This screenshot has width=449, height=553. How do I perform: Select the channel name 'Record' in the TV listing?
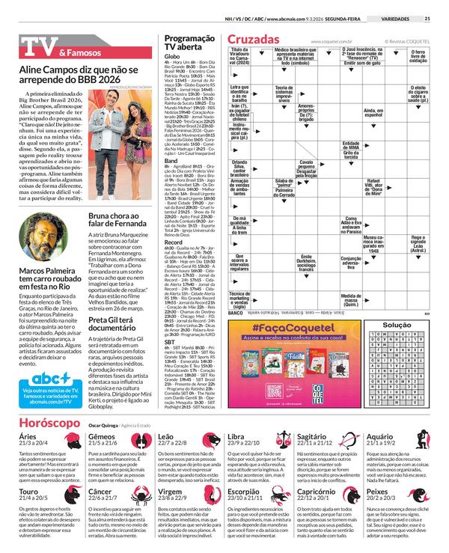click(x=174, y=242)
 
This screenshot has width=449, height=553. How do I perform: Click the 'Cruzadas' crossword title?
click(x=254, y=38)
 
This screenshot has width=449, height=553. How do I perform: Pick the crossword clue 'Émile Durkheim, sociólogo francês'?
click(x=306, y=262)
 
